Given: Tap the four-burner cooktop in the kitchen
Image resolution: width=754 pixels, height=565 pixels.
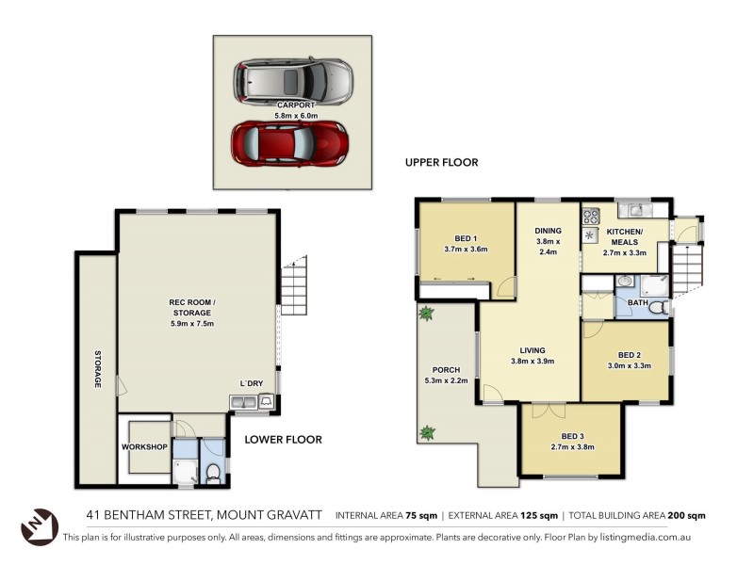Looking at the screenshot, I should (x=591, y=216).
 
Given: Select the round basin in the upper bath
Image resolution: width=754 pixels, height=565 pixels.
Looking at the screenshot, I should (x=624, y=281).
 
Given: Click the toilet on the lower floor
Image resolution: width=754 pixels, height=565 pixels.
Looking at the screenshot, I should (x=214, y=472).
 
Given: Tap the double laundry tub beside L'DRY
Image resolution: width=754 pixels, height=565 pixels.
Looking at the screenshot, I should (x=242, y=403).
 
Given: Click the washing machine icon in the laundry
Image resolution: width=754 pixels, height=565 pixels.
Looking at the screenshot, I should (x=268, y=403).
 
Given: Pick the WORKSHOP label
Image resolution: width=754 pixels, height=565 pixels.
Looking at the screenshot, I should (x=144, y=446).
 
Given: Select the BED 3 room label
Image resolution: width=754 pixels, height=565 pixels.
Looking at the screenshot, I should (x=571, y=436).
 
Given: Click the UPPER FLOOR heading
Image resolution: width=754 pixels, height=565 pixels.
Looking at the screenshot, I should (x=441, y=162).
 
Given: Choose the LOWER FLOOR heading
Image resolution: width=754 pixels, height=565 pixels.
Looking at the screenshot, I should (x=283, y=439).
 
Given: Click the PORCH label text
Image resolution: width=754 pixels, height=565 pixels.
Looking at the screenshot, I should (x=445, y=369).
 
